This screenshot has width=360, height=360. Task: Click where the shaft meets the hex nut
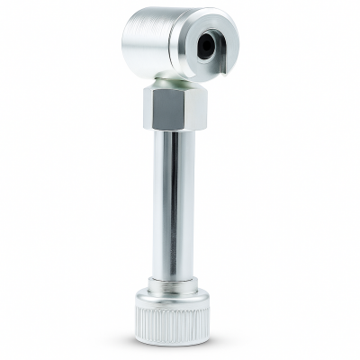point(174,131)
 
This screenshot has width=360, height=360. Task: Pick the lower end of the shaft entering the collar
point(174,274)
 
